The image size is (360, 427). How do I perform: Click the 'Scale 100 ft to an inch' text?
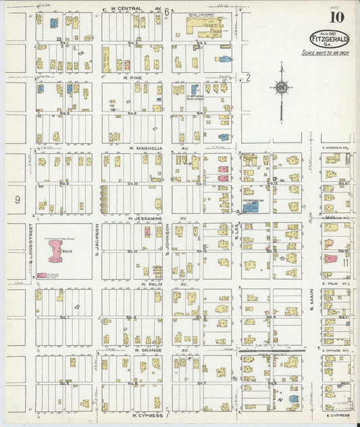tap(330, 53)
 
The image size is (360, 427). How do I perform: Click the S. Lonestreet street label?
tap(31, 251)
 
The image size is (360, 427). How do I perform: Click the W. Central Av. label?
tap(132, 9)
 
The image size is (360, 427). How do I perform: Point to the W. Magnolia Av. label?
tap(145, 148)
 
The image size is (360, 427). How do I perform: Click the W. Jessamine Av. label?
tap(145, 219)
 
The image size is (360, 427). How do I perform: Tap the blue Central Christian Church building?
tap(251, 207)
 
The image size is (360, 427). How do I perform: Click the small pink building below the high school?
tap(42, 275)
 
